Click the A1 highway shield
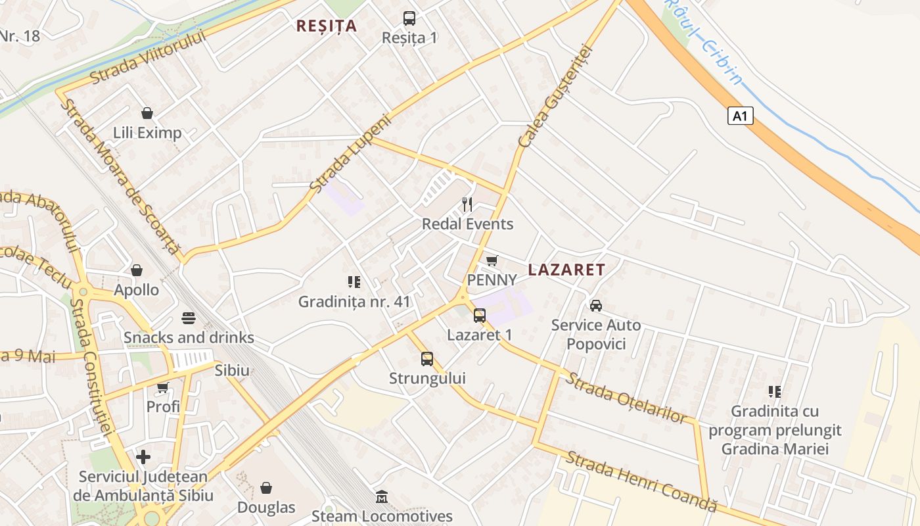(740, 116)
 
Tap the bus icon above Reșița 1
(409, 18)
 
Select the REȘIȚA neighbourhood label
(327, 26)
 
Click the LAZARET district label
(566, 270)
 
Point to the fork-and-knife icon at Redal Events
(467, 204)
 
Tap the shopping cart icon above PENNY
(492, 260)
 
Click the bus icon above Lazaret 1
(480, 315)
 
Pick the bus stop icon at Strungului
(427, 359)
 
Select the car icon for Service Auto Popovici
(596, 305)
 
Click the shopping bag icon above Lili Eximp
(147, 113)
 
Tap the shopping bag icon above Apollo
(137, 270)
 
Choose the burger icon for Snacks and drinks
(189, 318)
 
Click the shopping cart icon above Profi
(163, 387)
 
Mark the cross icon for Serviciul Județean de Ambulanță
(143, 457)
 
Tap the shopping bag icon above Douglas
(266, 488)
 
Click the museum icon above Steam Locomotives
(382, 496)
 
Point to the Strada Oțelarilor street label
(627, 398)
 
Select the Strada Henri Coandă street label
(641, 481)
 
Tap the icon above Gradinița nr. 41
(354, 282)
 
